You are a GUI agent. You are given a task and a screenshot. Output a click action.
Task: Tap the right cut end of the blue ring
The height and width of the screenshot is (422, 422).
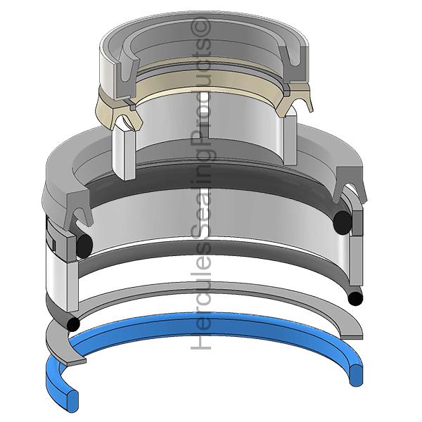coord(356,376)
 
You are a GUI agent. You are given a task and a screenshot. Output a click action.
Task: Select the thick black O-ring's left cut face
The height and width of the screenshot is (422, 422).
coord(84,245)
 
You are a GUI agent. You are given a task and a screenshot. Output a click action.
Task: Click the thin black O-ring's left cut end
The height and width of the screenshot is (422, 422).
coord(73,324)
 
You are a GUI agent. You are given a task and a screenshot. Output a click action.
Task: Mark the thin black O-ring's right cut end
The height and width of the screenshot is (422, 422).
coord(355,298)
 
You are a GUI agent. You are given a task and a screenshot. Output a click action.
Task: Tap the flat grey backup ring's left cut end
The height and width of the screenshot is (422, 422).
coord(76,362)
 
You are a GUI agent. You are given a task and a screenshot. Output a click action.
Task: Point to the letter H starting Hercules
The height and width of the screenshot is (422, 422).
coord(200,340)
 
